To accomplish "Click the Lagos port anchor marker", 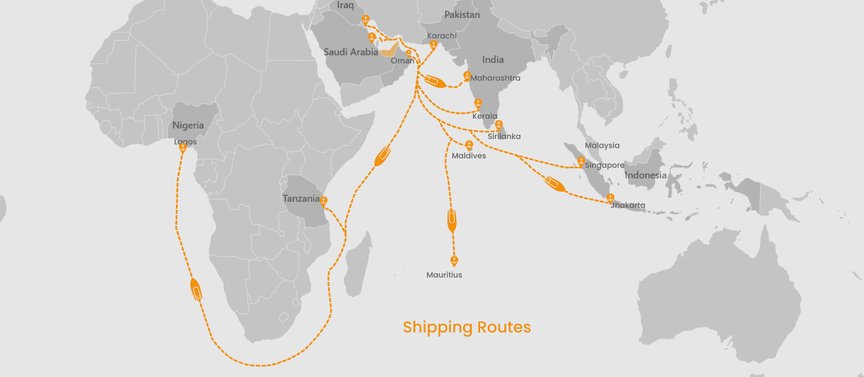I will [183, 148].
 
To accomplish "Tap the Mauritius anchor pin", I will [454, 260].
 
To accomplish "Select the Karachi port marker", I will [433, 45].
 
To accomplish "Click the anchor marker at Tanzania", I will [324, 201].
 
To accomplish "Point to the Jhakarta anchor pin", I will [610, 198].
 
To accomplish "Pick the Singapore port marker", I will [581, 161].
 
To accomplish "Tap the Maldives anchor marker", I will [469, 145].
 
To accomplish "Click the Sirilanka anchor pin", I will [499, 125].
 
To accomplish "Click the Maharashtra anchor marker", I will [467, 76].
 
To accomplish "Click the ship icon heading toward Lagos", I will [196, 290].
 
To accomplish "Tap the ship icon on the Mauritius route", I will [452, 220].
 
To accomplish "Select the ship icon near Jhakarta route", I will [555, 184].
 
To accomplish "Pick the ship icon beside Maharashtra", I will [435, 81].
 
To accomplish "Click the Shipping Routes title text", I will [467, 327].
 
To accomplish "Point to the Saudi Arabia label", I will [351, 52].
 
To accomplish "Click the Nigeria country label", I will [188, 126].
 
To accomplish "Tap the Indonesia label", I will [645, 175].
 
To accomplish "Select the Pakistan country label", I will [462, 15].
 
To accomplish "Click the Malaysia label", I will [602, 145].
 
